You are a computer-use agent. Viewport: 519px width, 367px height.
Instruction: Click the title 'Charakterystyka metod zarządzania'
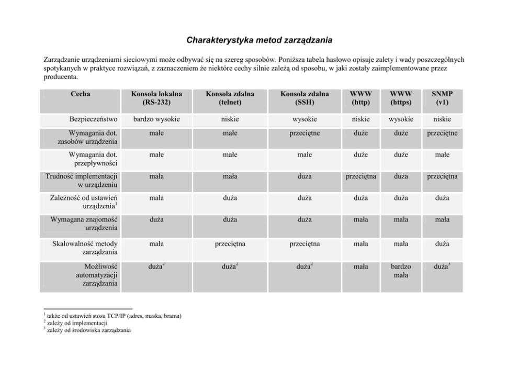[x=259, y=40]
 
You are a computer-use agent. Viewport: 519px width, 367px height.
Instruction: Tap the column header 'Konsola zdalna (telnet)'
[x=230, y=98]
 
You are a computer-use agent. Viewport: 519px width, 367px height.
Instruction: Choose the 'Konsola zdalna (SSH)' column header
[x=304, y=98]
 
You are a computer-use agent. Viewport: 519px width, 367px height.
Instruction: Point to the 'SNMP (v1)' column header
[x=442, y=98]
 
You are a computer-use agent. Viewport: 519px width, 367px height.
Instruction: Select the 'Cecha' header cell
[x=80, y=94]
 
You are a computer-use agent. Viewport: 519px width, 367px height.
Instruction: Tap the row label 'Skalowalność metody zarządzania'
[x=85, y=248]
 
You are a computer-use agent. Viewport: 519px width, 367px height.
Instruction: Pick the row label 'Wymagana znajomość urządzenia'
[x=84, y=224]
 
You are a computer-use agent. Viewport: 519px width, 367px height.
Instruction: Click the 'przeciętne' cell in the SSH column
[x=304, y=134]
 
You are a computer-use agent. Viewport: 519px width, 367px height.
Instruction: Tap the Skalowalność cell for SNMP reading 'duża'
[x=442, y=243]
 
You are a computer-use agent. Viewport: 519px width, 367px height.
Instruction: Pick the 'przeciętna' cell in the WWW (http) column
[x=360, y=176]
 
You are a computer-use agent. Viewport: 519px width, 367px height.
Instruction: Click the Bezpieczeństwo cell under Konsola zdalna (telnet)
[x=230, y=119]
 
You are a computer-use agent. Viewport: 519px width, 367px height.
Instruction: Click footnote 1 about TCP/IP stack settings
[x=112, y=316]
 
